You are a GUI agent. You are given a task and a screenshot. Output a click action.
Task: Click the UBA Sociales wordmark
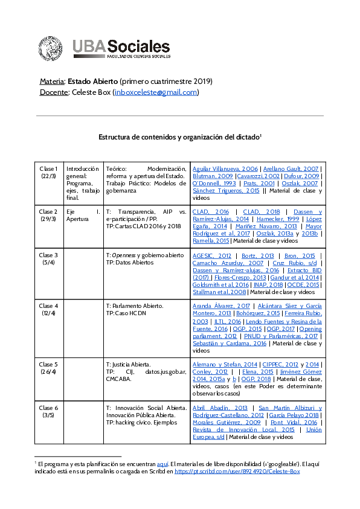point(121,48)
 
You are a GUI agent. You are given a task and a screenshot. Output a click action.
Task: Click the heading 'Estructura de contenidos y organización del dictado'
point(179,137)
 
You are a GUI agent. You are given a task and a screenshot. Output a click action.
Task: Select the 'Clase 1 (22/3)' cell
point(48,172)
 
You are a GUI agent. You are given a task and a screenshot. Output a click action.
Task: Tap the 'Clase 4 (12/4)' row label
point(48,310)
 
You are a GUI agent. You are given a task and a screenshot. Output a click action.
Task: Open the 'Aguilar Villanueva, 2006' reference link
point(225,168)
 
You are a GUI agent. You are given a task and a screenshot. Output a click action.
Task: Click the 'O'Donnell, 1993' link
point(214,183)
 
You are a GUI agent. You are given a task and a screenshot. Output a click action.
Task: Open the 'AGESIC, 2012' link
point(211,255)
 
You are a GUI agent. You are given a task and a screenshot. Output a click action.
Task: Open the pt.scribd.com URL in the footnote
point(237,471)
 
